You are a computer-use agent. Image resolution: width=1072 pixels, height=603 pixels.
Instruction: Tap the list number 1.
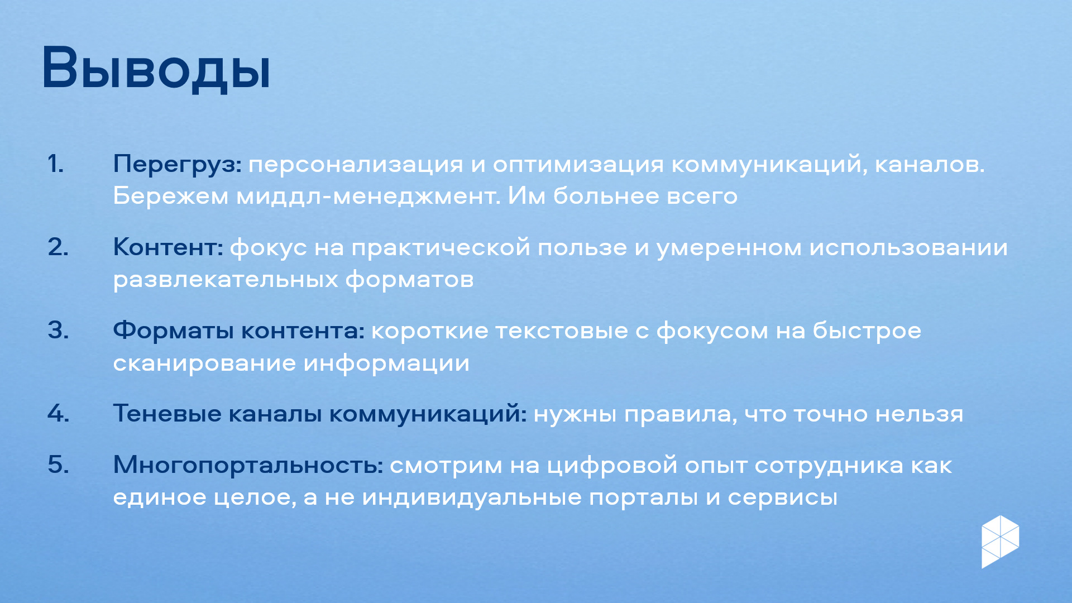(56, 164)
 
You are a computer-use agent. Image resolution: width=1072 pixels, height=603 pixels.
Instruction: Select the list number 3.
(59, 331)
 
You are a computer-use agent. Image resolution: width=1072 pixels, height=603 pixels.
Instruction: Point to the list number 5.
(59, 465)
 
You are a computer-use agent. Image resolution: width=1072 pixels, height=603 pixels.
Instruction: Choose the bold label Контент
(168, 247)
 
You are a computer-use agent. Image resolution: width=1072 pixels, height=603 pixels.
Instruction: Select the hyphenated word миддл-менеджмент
(368, 197)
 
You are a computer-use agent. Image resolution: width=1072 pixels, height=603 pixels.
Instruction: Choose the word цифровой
(612, 466)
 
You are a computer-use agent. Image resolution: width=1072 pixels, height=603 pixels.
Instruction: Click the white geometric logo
(1001, 542)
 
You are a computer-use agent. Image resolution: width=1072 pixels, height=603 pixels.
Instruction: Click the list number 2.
(59, 247)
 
